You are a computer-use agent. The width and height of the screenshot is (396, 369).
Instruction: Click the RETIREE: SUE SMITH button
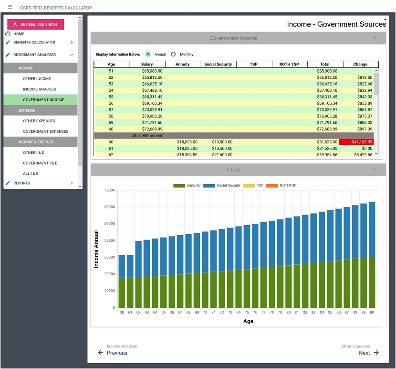coord(36,24)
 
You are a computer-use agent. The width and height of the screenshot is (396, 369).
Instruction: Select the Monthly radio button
coord(173,54)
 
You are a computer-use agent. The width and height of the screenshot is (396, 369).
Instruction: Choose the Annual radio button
coord(148,54)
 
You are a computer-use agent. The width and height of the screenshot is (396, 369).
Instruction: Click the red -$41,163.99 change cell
coord(356,142)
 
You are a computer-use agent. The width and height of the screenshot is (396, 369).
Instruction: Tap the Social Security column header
coord(218,64)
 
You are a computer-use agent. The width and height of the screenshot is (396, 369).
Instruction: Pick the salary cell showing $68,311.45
coord(152,97)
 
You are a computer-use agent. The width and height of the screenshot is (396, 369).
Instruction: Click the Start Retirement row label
coord(147,136)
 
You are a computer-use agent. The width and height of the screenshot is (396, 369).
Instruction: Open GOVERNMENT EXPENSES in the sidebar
coord(46,131)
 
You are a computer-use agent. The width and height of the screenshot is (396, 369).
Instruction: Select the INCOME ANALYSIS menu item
coord(40,89)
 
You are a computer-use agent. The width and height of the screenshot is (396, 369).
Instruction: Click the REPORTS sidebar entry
coord(22,183)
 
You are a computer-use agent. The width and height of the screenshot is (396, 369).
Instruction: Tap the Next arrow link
coord(369,353)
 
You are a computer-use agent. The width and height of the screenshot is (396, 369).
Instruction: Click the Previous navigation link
coord(113,353)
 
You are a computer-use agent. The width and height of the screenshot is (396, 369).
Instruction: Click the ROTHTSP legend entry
coord(281,185)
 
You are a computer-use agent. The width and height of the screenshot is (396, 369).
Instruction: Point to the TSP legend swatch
coord(249,186)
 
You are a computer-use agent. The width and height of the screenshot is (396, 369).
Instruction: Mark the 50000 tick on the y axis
coord(110,224)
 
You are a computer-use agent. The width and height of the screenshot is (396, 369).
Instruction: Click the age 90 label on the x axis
coord(372,312)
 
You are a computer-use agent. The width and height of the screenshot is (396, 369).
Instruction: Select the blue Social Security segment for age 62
coord(138,259)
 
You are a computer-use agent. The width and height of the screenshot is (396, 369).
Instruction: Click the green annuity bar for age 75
coord(247,289)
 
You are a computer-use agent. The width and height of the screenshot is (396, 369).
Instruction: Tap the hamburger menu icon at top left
coord(10,7)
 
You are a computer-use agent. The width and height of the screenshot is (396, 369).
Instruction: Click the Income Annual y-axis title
coord(96,249)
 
